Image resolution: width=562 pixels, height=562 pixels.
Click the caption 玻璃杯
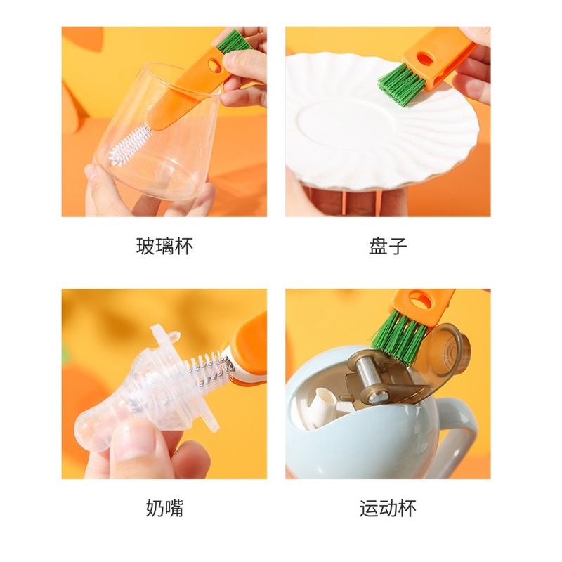(x=164, y=247)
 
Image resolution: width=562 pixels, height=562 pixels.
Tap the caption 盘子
(x=388, y=247)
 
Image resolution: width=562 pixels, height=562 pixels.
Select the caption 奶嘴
(x=164, y=508)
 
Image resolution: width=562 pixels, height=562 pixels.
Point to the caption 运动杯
(x=388, y=508)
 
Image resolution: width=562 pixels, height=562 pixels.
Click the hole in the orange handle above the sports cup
(x=422, y=301)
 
